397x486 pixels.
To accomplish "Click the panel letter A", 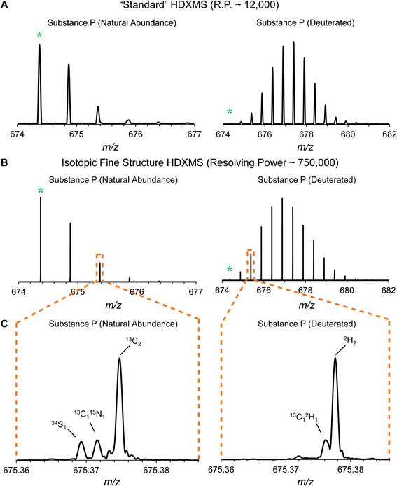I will [6, 8].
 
